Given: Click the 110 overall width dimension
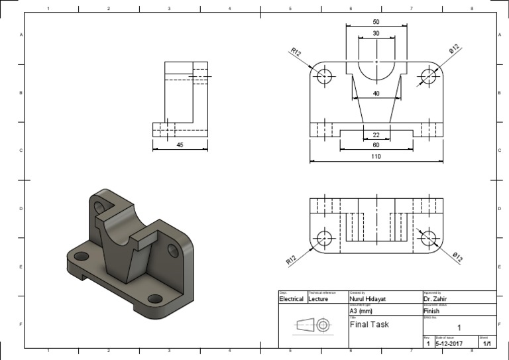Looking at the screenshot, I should (376, 156).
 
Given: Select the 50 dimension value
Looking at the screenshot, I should (376, 22).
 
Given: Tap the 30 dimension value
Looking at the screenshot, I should (376, 33).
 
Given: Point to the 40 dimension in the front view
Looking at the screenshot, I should (376, 93).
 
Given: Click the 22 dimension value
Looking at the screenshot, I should (376, 135).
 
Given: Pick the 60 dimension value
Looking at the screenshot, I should (376, 145).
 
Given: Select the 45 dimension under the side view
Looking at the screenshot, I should (180, 145).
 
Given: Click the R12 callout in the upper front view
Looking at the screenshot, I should (296, 50).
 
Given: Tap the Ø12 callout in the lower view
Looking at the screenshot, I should (456, 256).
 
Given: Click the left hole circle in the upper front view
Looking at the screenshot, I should (324, 76).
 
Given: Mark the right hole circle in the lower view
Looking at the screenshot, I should (429, 237).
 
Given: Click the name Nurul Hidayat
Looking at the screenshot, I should (369, 299).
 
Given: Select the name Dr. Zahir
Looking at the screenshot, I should (437, 299).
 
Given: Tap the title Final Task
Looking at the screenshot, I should (369, 325).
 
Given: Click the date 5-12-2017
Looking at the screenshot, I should (449, 343).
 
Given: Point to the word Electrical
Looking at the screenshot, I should (292, 299).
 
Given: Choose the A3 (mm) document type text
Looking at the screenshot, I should (361, 311).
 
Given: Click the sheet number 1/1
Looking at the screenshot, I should (487, 343).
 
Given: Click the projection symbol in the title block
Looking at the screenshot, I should (313, 325).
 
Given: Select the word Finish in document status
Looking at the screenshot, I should (431, 311).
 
